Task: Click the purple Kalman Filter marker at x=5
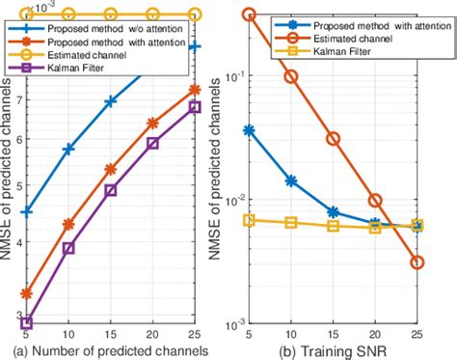pyautogui.click(x=26, y=323)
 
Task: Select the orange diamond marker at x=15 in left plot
pyautogui.click(x=111, y=169)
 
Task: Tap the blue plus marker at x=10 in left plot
pyautogui.click(x=68, y=149)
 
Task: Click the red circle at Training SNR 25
pyautogui.click(x=417, y=262)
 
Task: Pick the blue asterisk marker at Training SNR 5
pyautogui.click(x=249, y=129)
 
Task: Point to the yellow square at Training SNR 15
pyautogui.click(x=333, y=226)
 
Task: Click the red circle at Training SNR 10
pyautogui.click(x=291, y=76)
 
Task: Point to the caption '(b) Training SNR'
pyautogui.click(x=333, y=351)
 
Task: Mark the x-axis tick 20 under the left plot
pyautogui.click(x=152, y=335)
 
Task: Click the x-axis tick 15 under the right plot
pyautogui.click(x=333, y=335)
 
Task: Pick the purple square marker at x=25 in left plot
pyautogui.click(x=195, y=106)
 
